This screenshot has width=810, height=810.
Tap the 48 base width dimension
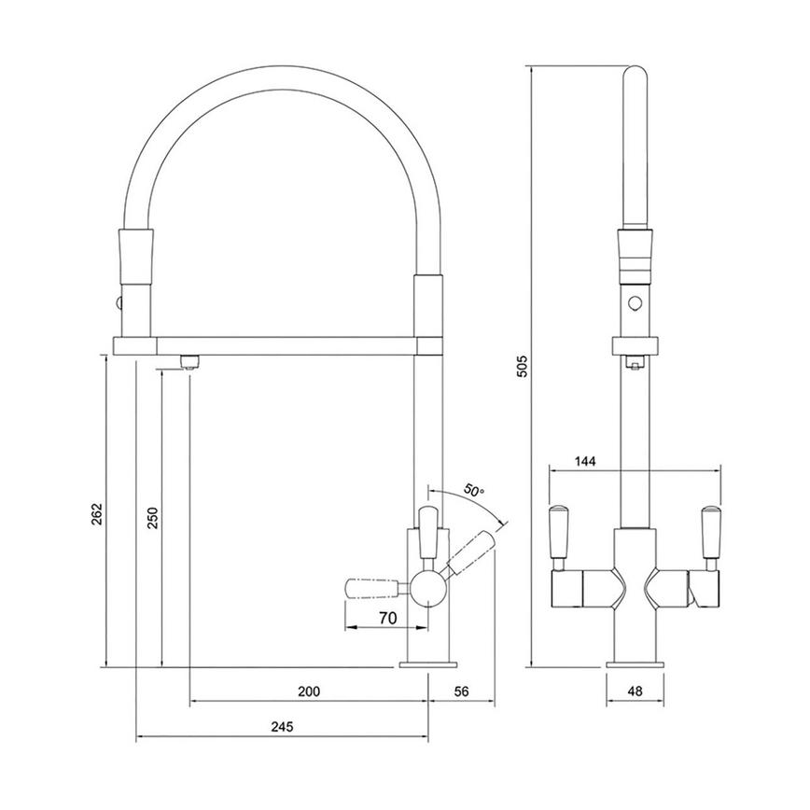point(635,691)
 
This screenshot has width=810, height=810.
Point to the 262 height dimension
point(98,514)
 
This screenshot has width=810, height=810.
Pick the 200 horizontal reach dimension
point(309,691)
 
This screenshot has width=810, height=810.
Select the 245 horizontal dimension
point(283,727)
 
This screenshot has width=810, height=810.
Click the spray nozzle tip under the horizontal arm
point(189,363)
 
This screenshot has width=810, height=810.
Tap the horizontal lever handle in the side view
point(376,587)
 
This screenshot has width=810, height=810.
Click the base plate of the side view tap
point(429,664)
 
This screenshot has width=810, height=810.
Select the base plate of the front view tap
point(635,664)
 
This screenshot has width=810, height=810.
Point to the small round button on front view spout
point(635,302)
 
